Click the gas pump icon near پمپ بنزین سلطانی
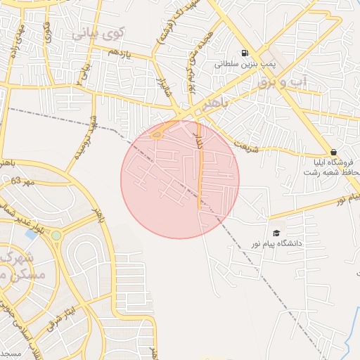[245, 53]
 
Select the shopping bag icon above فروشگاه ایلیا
[333, 151]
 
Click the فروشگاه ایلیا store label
[333, 162]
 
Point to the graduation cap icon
[276, 233]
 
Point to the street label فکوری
[48, 31]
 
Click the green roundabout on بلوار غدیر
[56, 234]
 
